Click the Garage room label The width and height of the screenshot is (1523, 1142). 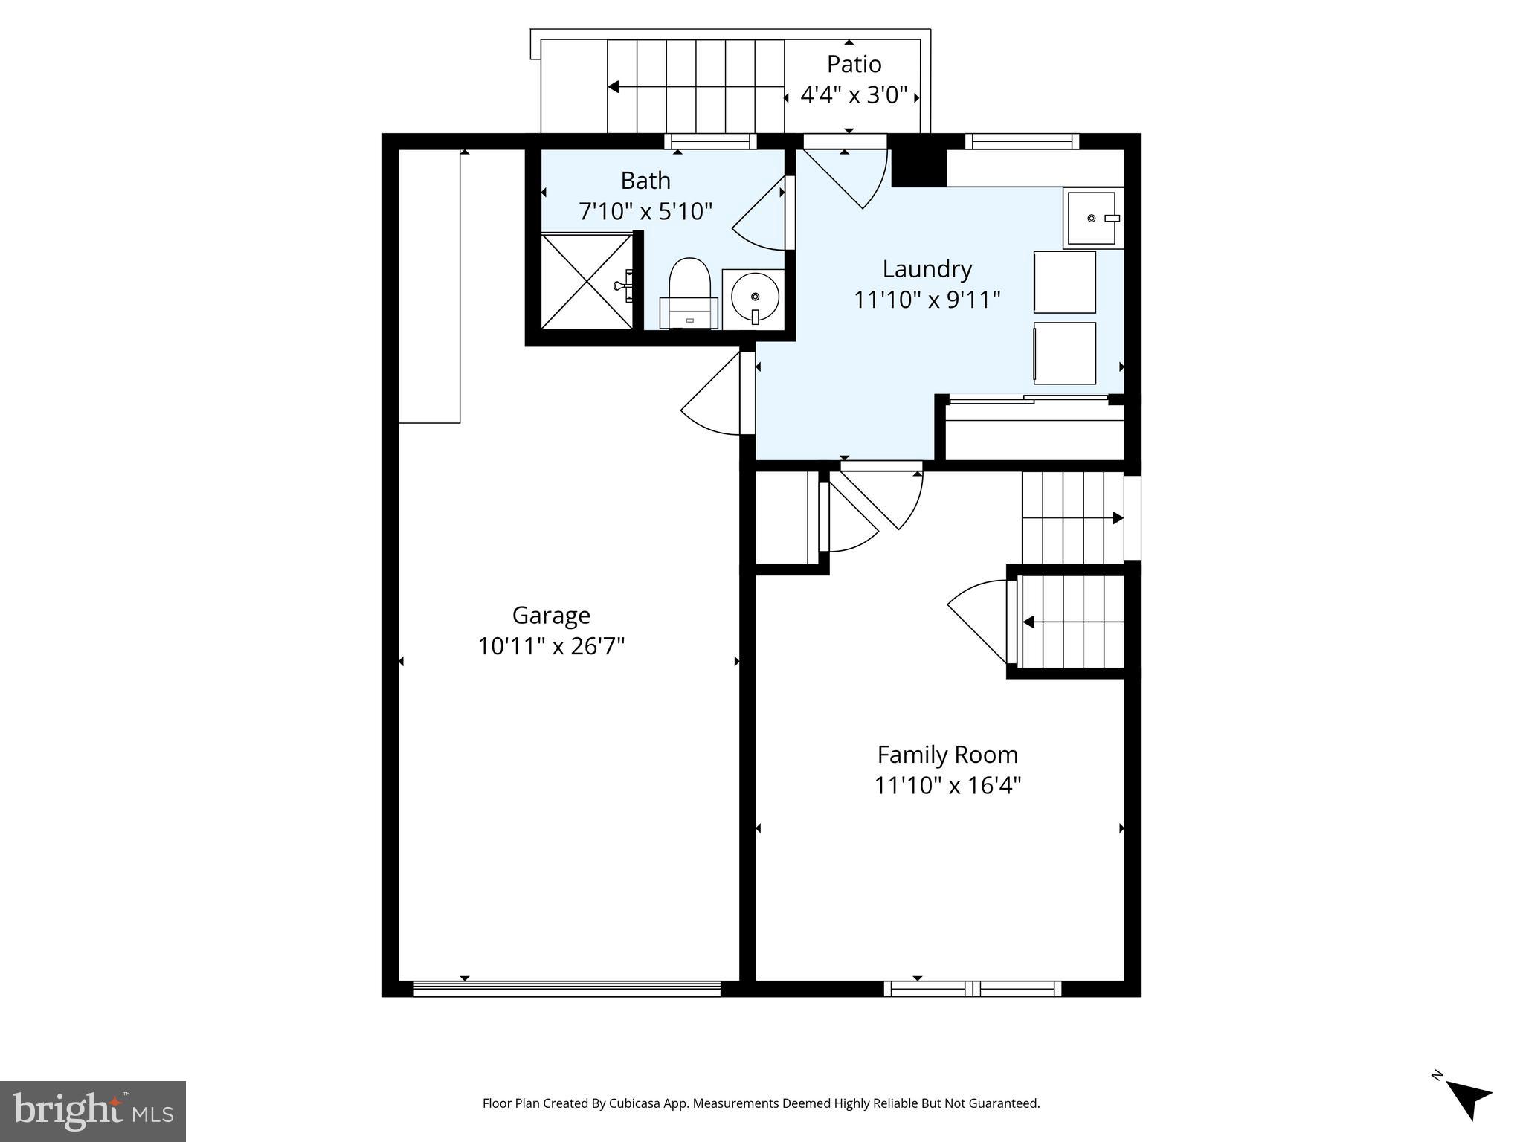(551, 615)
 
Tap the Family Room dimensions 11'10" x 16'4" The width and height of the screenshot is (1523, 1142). (947, 785)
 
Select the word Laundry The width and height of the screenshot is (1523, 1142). (927, 268)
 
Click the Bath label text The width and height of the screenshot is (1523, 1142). (645, 181)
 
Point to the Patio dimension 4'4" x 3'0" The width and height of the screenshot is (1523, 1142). (854, 95)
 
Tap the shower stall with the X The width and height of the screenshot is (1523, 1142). (586, 281)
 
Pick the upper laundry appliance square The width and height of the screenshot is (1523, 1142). (1064, 282)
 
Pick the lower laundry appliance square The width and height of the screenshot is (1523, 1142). (1064, 353)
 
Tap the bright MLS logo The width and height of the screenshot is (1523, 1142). (93, 1111)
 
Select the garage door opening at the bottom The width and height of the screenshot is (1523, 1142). (567, 989)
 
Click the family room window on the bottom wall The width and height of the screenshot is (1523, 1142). (972, 989)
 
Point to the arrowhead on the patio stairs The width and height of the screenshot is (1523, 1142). (614, 87)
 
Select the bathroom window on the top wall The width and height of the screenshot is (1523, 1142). (710, 141)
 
